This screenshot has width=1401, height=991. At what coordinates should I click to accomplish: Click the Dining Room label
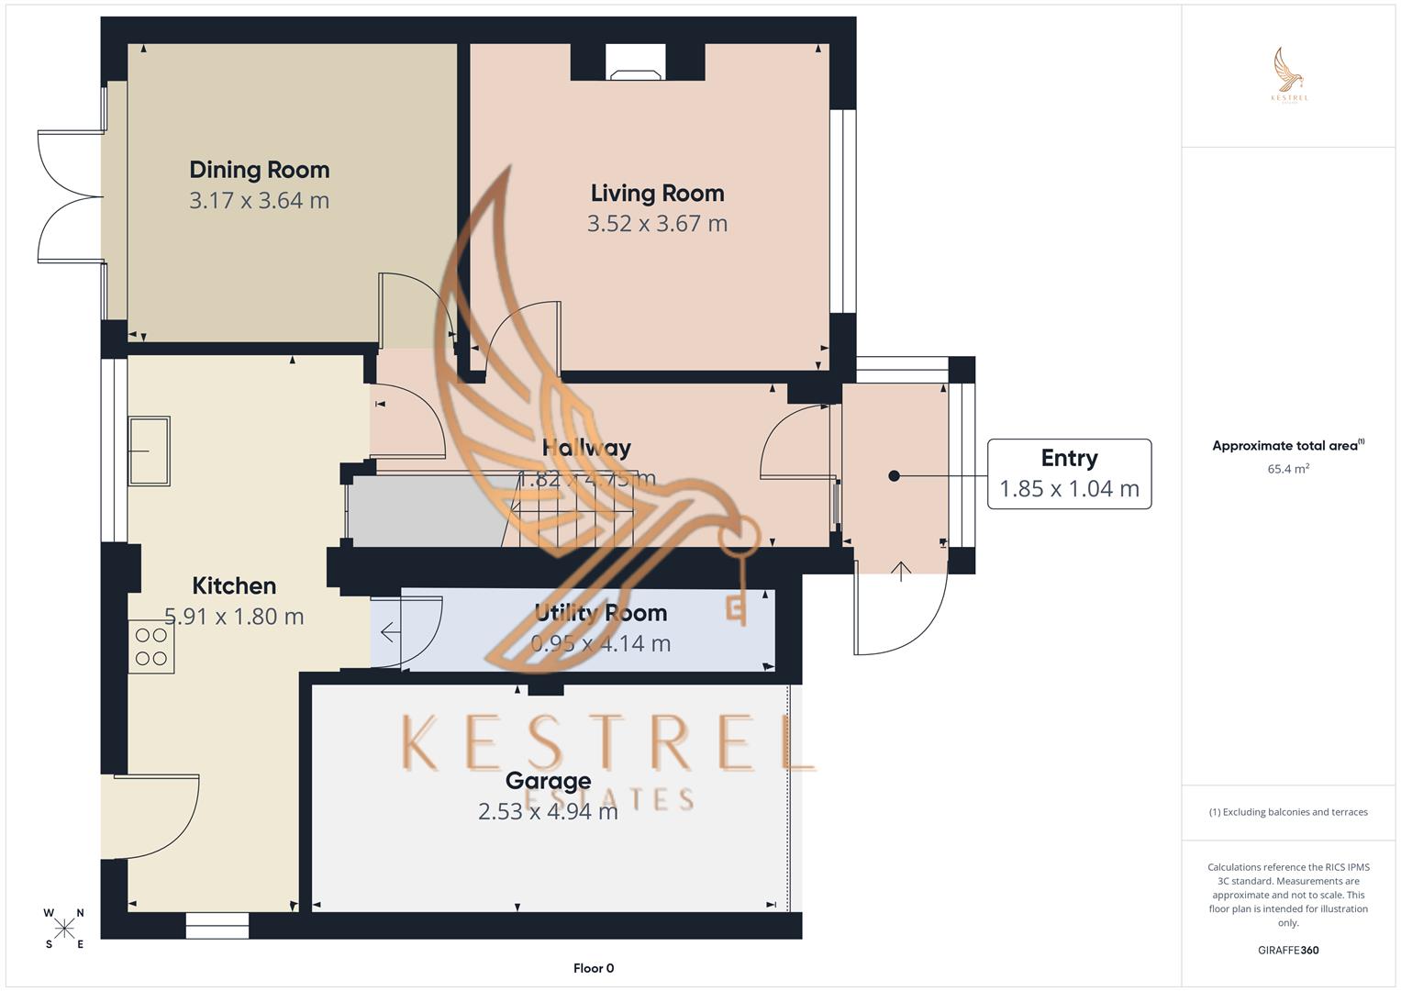259,170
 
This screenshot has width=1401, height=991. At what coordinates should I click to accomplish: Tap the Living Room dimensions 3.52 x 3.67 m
657,223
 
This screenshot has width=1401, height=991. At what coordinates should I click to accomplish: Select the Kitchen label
234,585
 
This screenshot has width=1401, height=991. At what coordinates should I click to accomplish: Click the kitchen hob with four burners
151,646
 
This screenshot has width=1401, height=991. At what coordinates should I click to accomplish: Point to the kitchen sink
149,451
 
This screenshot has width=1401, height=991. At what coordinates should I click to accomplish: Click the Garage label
548,781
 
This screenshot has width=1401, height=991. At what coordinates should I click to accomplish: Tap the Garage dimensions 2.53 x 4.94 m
548,811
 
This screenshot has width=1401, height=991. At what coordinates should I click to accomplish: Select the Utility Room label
601,613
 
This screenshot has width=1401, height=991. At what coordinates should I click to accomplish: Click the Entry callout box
1069,473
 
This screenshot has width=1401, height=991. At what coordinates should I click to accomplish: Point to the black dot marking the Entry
894,475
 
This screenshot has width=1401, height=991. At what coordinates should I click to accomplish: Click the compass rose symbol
64,929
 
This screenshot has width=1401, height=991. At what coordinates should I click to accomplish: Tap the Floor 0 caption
594,968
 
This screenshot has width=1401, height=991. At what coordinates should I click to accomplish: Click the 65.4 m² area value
1288,469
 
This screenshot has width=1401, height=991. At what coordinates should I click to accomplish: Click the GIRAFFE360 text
1288,951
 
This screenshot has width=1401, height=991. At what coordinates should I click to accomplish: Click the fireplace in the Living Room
637,61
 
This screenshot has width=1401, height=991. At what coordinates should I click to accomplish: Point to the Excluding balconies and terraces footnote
1288,812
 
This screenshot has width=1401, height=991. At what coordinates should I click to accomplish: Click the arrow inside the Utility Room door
389,632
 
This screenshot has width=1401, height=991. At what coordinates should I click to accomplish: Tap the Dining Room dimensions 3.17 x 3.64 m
259,200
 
